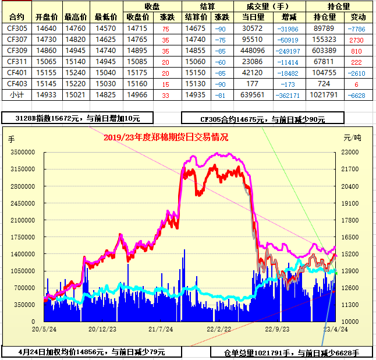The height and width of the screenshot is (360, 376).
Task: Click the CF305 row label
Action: click(17, 28)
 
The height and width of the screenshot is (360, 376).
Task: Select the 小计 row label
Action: click(17, 94)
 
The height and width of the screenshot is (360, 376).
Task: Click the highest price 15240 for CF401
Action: click(75, 72)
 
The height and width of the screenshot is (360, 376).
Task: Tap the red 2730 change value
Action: click(357, 39)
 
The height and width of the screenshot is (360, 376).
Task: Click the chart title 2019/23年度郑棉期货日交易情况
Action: click(166, 137)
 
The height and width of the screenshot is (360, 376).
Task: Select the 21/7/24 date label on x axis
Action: click(161, 329)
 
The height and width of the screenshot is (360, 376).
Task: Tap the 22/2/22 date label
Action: click(219, 329)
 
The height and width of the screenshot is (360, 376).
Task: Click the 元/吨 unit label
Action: click(352, 138)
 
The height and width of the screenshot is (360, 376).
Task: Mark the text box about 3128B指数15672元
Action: click(78, 118)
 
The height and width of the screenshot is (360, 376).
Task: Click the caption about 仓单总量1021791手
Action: click(292, 353)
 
